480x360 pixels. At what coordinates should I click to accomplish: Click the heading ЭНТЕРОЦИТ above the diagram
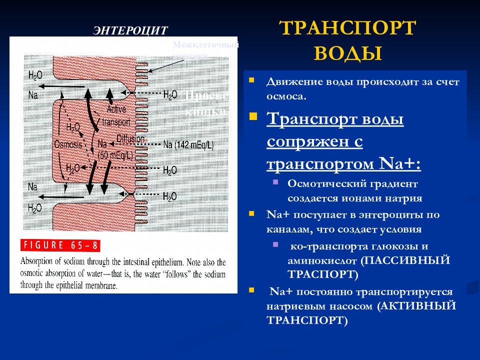click(x=130, y=30)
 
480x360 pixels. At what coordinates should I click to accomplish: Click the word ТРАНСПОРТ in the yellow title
click(x=347, y=28)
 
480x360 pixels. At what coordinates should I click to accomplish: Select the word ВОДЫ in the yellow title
click(x=347, y=52)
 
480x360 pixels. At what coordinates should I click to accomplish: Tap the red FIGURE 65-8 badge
click(x=60, y=246)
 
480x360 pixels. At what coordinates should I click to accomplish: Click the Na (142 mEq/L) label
click(x=188, y=144)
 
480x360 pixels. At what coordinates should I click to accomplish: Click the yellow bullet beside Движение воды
click(x=252, y=79)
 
